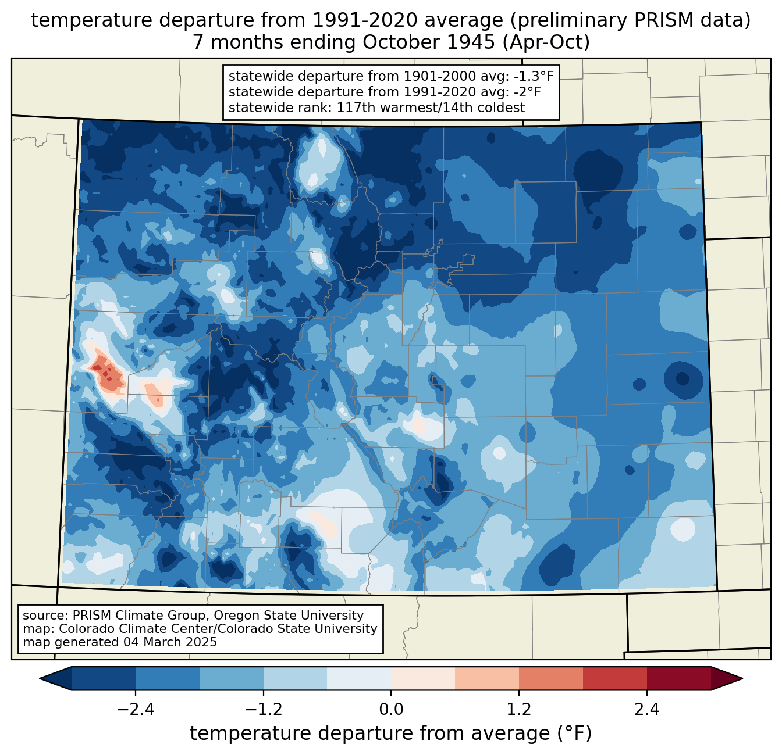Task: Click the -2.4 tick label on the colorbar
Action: click(x=136, y=710)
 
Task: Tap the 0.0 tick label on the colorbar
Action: click(x=391, y=710)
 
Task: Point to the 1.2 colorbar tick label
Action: click(x=519, y=710)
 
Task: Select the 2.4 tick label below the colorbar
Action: click(x=646, y=710)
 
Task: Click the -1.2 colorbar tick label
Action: click(x=264, y=710)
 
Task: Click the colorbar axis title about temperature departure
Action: click(x=391, y=733)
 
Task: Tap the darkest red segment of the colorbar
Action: click(x=678, y=678)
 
